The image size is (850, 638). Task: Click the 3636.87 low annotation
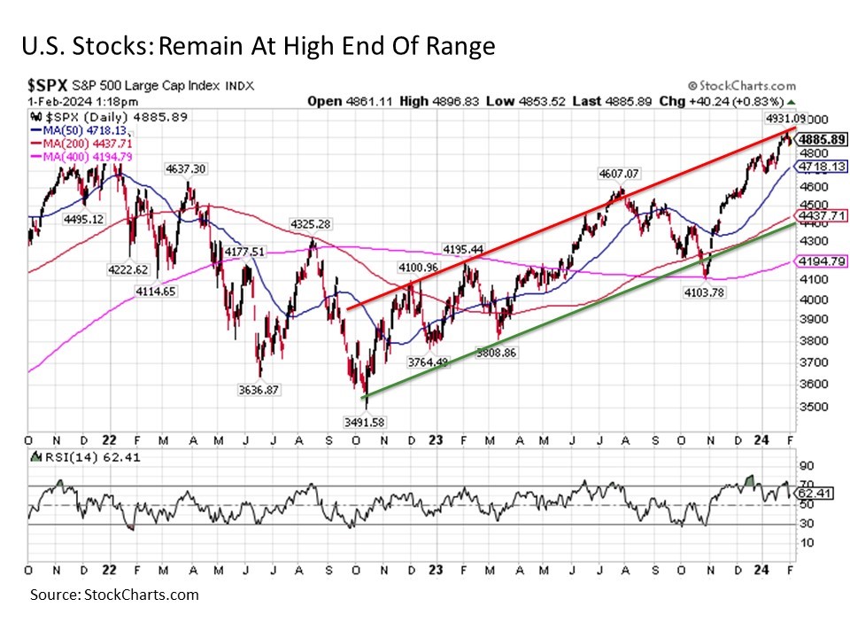(x=261, y=388)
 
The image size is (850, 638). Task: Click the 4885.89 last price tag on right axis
(x=823, y=140)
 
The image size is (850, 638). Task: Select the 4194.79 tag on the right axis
(x=823, y=261)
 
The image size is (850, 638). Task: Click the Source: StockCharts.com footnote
(x=114, y=595)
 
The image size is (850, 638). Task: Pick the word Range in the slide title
(x=456, y=46)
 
